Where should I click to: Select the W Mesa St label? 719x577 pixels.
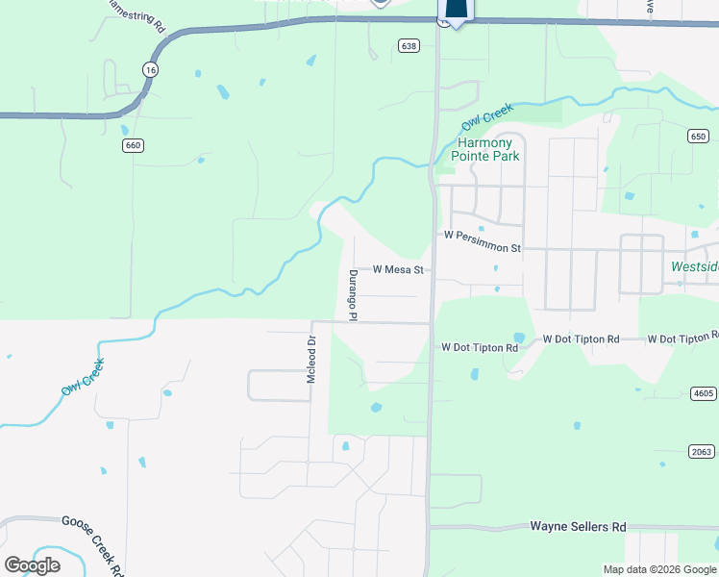[399, 270]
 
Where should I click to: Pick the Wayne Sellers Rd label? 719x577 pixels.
[578, 527]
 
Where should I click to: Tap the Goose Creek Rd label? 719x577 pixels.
[94, 543]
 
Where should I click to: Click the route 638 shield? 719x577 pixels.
[409, 45]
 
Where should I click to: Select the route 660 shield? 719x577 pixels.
[133, 145]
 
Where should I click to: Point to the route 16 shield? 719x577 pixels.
[149, 69]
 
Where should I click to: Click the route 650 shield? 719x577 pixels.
[698, 138]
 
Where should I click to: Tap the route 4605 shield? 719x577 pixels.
[704, 393]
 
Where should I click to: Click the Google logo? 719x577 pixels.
[32, 564]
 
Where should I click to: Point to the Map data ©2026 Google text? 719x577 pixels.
[659, 569]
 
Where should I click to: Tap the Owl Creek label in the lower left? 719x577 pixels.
[83, 377]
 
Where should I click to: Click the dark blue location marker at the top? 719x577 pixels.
[456, 10]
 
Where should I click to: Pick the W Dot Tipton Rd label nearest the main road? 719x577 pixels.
[480, 347]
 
